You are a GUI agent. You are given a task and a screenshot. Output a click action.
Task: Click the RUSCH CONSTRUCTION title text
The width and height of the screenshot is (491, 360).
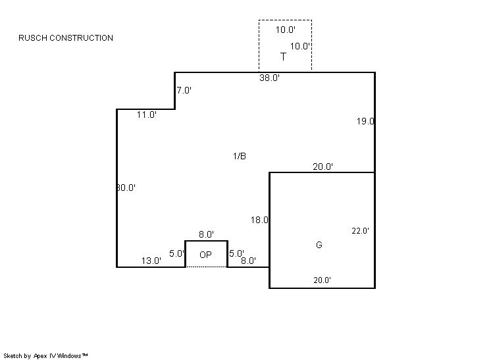[66, 38]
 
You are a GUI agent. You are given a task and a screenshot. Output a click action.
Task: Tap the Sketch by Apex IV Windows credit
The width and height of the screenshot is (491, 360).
[45, 355]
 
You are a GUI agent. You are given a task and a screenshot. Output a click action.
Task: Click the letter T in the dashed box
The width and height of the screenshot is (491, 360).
[283, 57]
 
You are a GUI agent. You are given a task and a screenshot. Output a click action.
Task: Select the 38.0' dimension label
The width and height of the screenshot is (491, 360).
[270, 78]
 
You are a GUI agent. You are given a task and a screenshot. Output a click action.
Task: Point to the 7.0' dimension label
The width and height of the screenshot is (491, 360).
[184, 90]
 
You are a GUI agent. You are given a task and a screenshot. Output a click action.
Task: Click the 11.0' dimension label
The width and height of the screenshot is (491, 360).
[147, 115]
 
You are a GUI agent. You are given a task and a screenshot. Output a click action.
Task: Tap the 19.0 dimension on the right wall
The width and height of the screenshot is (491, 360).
[365, 121]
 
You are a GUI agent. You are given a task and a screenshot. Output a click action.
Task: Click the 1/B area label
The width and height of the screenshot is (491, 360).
[240, 156]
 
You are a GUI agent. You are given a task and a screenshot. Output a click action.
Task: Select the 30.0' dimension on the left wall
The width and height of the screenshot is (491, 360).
[126, 188]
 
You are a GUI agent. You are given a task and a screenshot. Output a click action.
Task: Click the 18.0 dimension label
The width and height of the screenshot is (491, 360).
[259, 220]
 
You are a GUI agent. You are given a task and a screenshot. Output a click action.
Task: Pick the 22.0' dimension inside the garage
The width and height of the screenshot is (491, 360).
[361, 231]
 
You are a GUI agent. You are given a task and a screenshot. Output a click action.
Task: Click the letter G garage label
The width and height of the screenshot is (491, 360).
[319, 245]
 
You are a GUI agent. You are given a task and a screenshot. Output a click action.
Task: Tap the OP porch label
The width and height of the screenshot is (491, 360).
[206, 255]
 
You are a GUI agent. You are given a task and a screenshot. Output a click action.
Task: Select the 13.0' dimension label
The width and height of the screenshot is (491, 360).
[151, 261]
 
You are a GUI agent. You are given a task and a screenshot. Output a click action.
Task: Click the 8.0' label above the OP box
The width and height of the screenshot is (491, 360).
[207, 234]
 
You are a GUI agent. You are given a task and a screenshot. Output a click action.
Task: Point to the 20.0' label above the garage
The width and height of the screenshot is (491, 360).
[323, 167]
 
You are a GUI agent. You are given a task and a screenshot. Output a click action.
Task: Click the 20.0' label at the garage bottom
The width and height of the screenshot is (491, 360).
[323, 280]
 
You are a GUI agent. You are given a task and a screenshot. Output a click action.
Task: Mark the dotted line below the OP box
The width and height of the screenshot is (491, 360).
[207, 267]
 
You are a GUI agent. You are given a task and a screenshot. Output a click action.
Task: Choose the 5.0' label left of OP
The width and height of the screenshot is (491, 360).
[176, 253]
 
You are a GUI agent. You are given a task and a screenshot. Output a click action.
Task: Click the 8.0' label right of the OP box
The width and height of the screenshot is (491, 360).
[249, 261]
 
